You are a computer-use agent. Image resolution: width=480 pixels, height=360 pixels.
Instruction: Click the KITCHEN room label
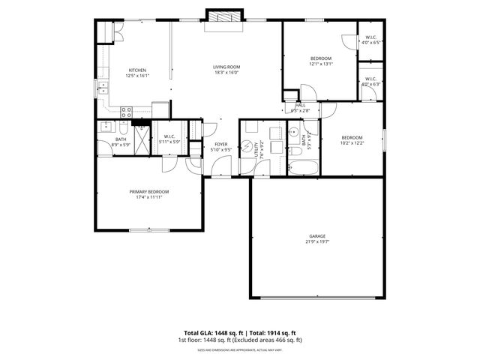(137, 70)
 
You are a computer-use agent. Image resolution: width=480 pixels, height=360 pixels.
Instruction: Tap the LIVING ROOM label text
(226, 67)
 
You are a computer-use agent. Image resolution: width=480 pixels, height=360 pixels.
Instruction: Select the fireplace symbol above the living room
(226, 18)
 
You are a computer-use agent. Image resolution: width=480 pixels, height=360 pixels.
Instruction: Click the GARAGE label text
(317, 236)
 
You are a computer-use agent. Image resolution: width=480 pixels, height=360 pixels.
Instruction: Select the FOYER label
(221, 144)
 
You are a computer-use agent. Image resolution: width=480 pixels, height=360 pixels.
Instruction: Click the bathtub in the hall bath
(303, 168)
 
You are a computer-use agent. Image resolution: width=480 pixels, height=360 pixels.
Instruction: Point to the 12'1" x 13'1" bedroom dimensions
(321, 64)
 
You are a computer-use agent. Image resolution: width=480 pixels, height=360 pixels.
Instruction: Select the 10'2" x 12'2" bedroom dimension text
(352, 142)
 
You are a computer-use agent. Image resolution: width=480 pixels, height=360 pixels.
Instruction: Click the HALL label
(301, 105)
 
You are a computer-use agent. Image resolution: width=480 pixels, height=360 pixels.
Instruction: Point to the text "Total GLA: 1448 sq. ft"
(210, 332)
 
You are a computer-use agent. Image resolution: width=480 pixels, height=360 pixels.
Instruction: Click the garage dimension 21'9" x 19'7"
(317, 241)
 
